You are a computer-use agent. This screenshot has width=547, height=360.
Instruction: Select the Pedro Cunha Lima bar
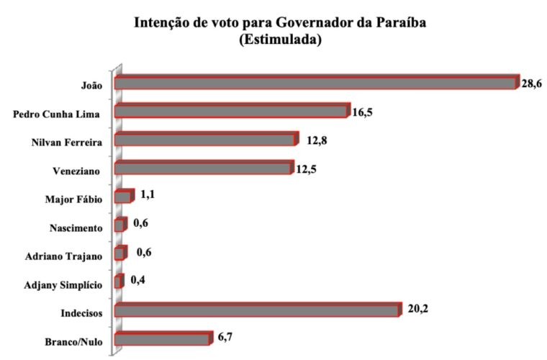pos(231,112)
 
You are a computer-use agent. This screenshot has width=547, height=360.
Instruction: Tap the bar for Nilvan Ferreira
pos(205,140)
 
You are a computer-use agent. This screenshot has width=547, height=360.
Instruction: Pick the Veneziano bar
pos(202,168)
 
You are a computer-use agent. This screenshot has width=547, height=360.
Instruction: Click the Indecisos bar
pos(256,310)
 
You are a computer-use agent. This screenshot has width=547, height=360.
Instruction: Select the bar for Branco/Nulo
pos(162,338)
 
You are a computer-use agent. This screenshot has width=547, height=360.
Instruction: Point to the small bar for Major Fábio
pos(124,197)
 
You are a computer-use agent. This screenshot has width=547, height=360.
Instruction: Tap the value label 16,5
pos(363,112)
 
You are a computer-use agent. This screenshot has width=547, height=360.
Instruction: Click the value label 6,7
pos(225,337)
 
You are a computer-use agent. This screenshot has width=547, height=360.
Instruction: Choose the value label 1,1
pos(149,195)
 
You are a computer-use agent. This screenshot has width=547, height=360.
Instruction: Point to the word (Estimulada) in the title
pos(280,40)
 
